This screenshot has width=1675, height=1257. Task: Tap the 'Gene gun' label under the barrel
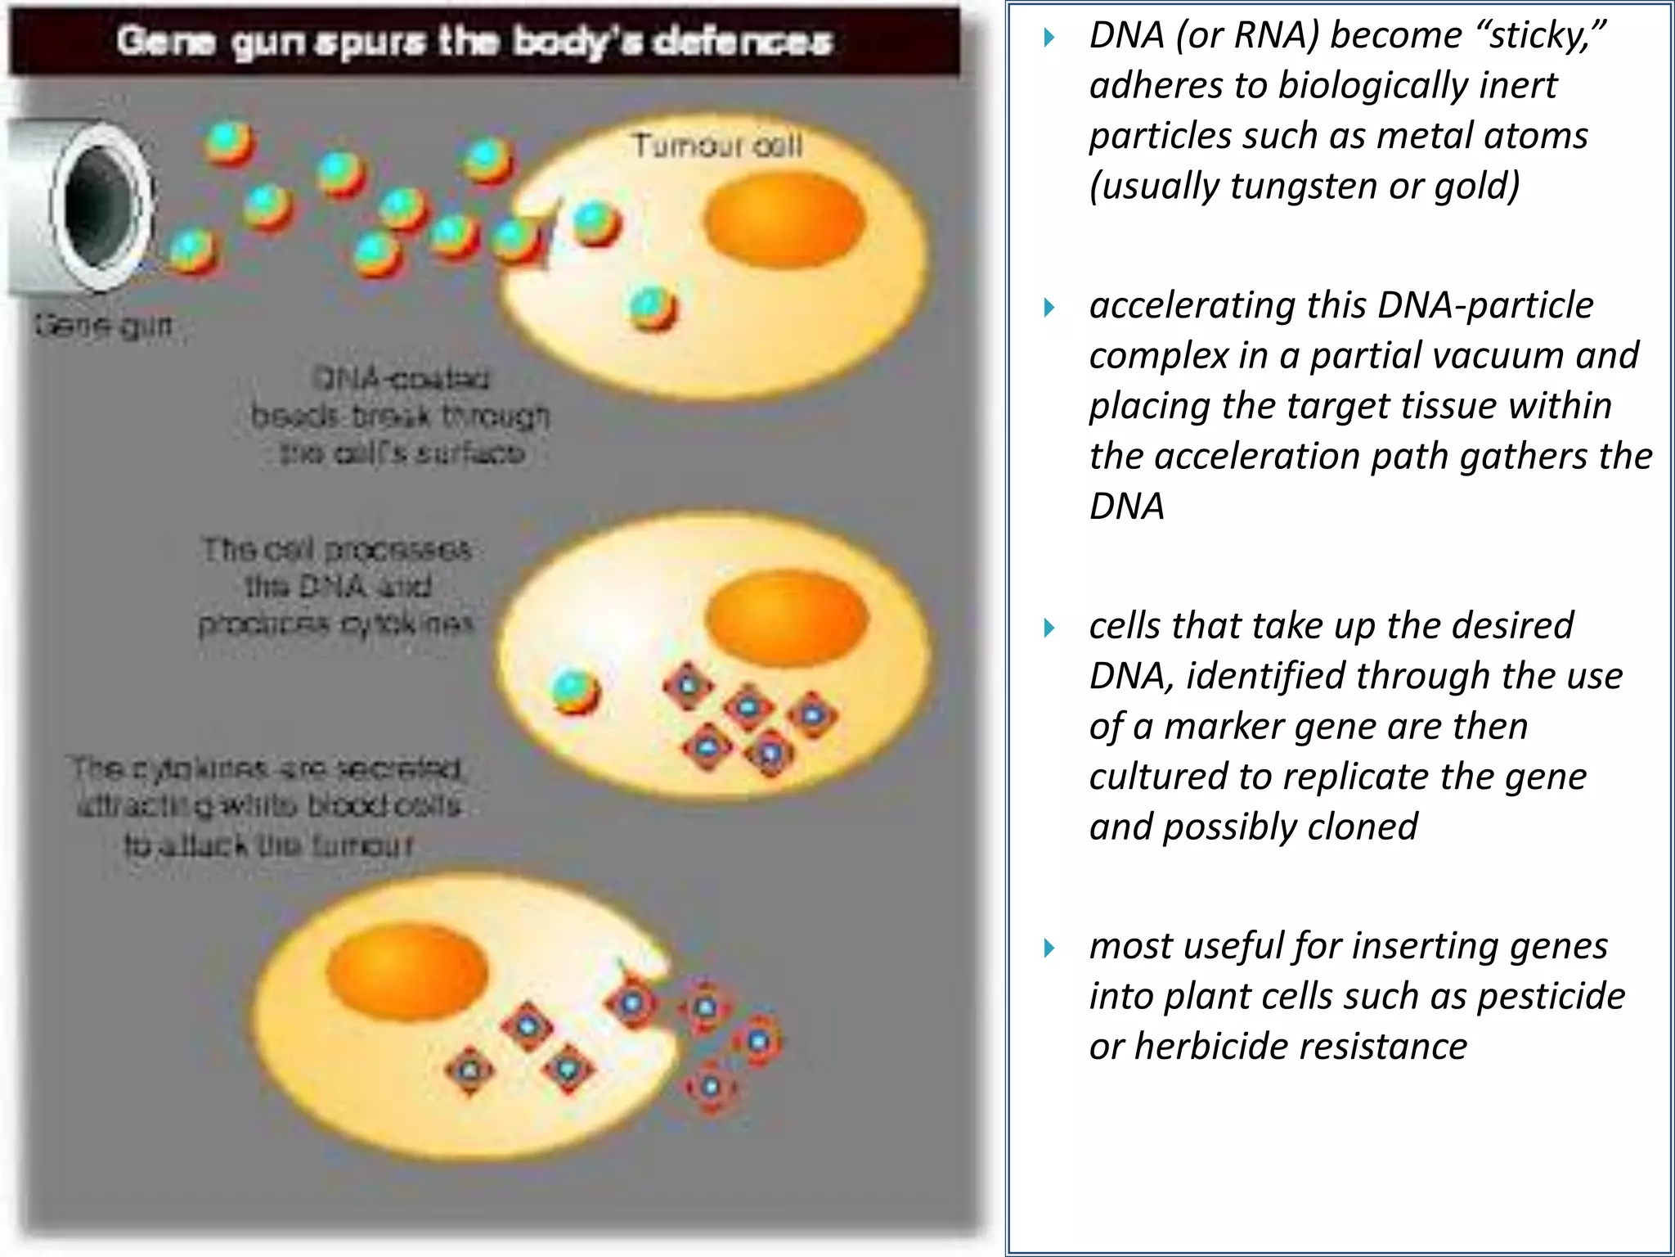tap(104, 326)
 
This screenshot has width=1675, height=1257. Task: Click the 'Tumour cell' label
tap(717, 146)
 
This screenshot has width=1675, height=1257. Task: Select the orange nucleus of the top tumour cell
tap(784, 219)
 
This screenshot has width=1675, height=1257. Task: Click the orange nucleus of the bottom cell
tap(406, 971)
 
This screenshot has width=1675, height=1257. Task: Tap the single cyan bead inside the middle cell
tap(575, 692)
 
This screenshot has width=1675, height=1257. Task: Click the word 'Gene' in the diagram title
tap(166, 41)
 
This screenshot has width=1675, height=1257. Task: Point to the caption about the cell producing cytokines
tap(337, 586)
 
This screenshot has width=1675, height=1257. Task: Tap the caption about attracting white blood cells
tap(268, 806)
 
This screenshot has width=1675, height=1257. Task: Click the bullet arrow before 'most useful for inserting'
tap(1049, 948)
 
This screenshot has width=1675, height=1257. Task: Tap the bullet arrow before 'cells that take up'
tap(1049, 628)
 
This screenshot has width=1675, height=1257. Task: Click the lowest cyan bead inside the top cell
tap(653, 308)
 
